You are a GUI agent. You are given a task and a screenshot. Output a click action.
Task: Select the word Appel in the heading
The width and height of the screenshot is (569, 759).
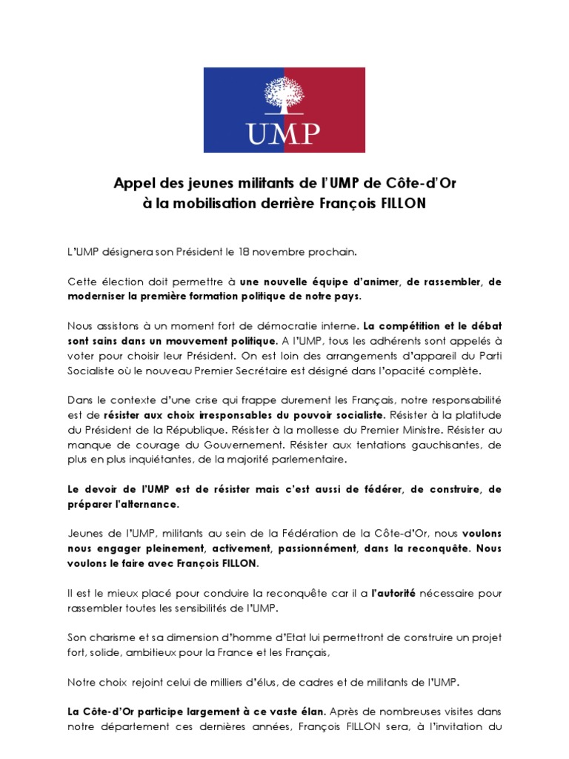point(132,182)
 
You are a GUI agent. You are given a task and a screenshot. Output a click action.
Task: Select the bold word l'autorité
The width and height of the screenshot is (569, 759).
point(393,593)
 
